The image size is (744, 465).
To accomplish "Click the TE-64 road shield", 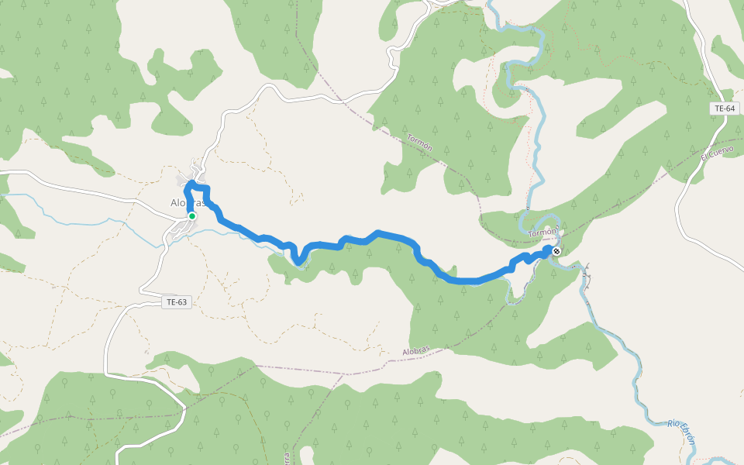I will point(724,108).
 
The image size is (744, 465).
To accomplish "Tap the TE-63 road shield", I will point(176,302).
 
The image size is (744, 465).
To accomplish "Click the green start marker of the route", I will point(191,216).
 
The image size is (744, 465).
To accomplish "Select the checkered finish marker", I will point(556,251).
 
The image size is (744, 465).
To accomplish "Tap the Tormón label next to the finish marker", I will point(542,232).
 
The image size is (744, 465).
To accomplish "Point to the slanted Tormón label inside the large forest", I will point(419,142).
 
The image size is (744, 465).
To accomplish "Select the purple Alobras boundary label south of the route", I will point(415,351).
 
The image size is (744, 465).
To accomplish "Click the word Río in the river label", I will point(675,424).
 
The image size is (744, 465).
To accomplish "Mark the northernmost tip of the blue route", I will point(191,182).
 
